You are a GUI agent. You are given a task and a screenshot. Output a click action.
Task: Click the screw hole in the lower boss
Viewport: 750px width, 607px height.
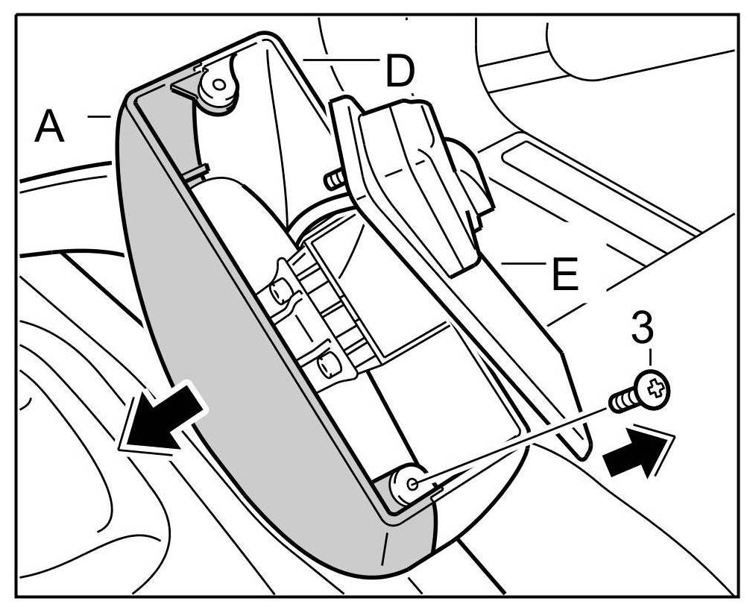(411, 483)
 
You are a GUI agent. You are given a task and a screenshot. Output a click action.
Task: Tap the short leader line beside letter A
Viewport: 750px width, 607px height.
(98, 116)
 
